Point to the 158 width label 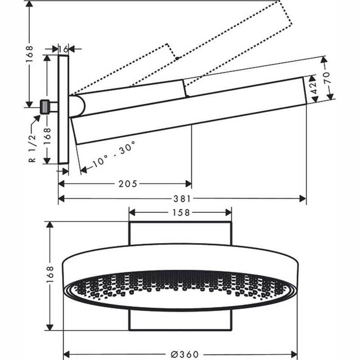180,212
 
